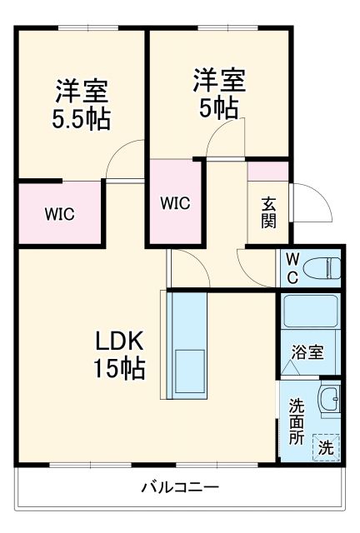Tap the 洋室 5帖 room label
[x=219, y=92]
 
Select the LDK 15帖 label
[x=120, y=353]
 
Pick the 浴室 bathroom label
[x=307, y=352]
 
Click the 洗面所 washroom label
[x=297, y=420]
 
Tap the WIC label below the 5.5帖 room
[x=59, y=213]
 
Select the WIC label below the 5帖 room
[x=175, y=202]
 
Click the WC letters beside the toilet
[x=292, y=267]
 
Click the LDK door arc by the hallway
[x=188, y=266]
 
